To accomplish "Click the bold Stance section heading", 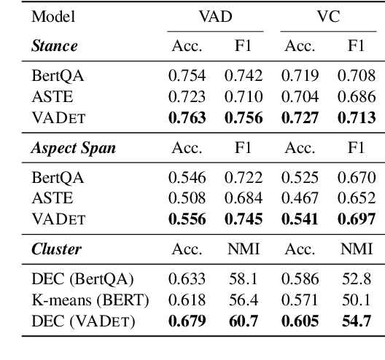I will coord(49,45).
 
